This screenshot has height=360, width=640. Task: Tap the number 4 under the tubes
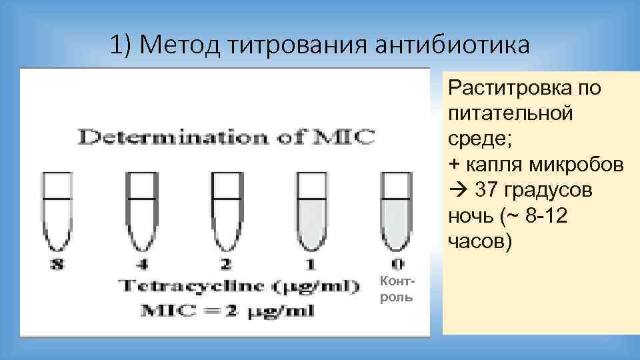click(x=141, y=265)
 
